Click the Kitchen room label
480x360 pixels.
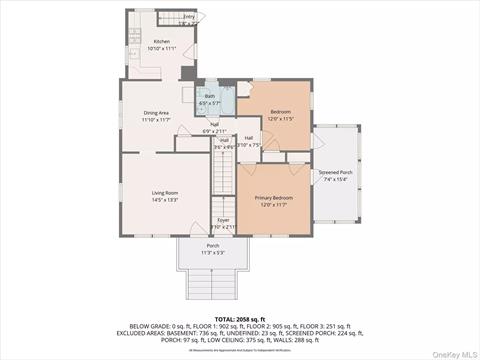(x=162, y=42)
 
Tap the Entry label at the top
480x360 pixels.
(x=189, y=17)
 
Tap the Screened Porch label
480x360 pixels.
(x=335, y=172)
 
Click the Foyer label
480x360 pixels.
(x=224, y=220)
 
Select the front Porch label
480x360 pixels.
(x=213, y=246)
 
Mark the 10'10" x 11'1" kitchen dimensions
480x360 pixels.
(x=162, y=48)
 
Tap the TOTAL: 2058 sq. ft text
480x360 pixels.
(x=240, y=317)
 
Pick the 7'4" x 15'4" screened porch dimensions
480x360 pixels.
(x=335, y=179)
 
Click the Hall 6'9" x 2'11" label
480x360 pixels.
(x=215, y=128)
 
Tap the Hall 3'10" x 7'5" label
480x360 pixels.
(x=249, y=141)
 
